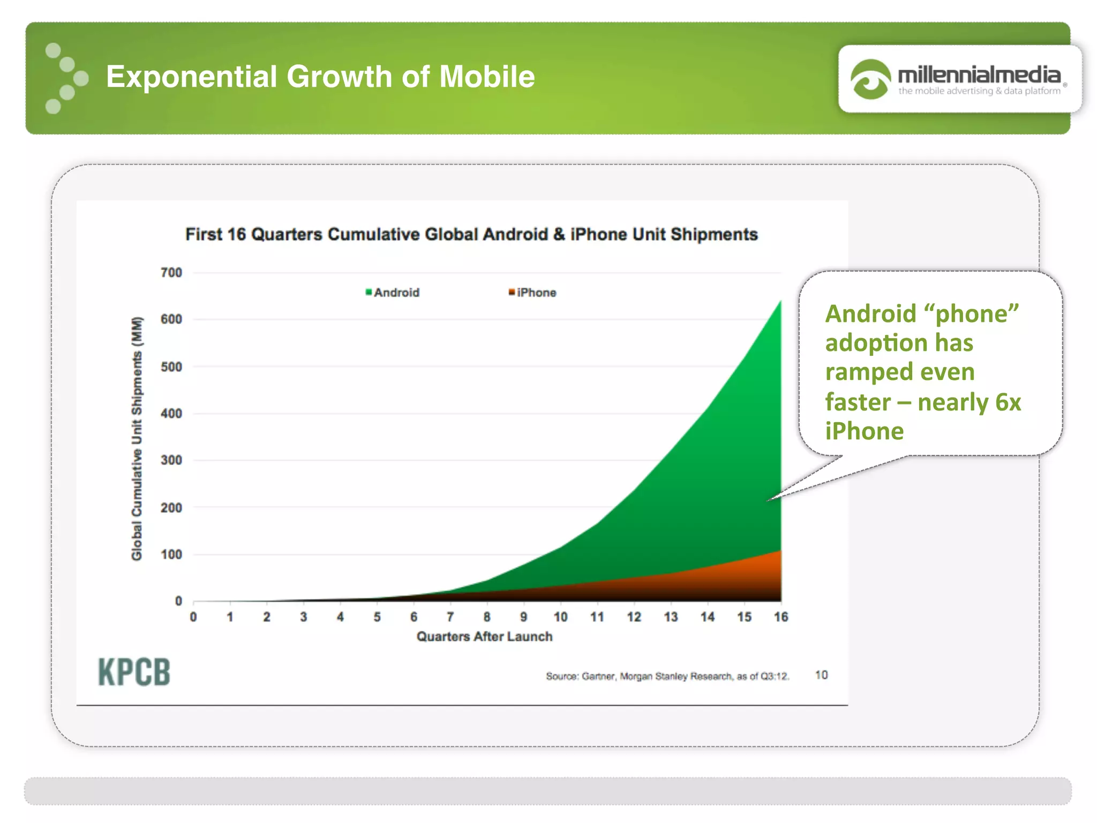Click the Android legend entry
pos(393,293)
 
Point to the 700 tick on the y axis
pos(171,273)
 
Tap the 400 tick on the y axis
pos(171,414)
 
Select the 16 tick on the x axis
pos(780,617)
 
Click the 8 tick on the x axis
pos(487,617)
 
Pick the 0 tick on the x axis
pos(193,617)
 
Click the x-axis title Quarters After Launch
pos(484,637)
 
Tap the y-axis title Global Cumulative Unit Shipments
pos(137,438)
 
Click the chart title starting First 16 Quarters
pos(471,235)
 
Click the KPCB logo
pos(134,672)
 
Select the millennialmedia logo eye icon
pos(870,80)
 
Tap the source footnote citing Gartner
pos(667,676)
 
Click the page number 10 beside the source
pos(821,675)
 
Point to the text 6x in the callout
pos(1008,402)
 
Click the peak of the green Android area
pos(779,303)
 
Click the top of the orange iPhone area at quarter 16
pos(779,552)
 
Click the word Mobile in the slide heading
pos(487,77)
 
